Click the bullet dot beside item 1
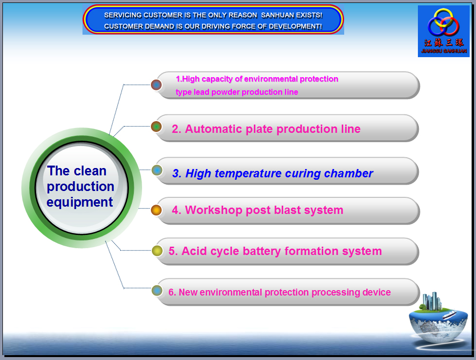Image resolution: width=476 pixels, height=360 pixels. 156,85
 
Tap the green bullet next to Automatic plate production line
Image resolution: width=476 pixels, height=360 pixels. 156,127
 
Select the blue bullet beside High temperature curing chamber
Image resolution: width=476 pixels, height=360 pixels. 157,170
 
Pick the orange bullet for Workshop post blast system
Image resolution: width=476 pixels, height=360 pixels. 156,210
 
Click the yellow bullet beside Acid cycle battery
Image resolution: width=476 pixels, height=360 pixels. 157,251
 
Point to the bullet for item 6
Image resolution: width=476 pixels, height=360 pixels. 157,291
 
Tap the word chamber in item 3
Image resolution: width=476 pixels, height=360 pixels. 349,173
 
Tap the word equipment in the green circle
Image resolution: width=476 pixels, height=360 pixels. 80,202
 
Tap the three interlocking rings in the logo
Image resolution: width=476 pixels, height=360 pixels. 443,22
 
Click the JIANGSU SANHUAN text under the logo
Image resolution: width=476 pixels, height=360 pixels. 444,51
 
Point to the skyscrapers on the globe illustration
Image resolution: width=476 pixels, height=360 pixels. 432,301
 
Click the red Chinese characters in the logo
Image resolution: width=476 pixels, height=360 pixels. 444,42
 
